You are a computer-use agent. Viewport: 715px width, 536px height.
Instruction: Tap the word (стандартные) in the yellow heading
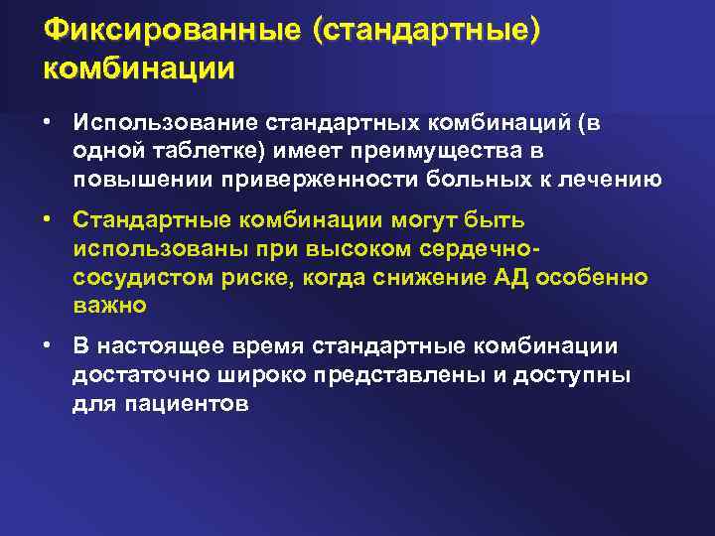point(428,32)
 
